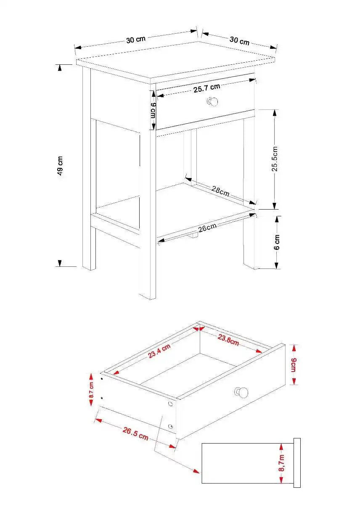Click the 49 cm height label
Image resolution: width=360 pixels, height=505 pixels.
(x=60, y=165)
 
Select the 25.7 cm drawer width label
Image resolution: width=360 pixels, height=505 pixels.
(x=206, y=88)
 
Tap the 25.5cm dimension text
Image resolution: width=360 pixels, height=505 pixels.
(x=275, y=159)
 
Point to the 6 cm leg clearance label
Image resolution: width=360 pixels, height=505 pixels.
(x=277, y=242)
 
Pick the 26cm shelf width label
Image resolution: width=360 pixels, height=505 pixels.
(x=207, y=228)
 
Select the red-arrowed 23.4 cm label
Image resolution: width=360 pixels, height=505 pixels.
(x=159, y=351)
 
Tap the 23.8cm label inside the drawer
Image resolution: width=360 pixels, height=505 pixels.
(x=228, y=340)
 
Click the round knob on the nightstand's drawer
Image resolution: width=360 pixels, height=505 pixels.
(x=213, y=102)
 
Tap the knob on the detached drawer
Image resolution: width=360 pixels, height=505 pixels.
(x=241, y=392)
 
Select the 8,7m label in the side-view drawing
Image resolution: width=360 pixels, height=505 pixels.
(x=281, y=463)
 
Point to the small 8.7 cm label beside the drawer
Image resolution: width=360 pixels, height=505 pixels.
(x=91, y=390)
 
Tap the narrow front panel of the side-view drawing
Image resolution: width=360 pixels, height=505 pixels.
(x=297, y=462)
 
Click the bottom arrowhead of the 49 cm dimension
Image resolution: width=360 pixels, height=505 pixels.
(x=60, y=263)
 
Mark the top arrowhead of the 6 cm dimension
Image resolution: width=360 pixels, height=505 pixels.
(x=276, y=219)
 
